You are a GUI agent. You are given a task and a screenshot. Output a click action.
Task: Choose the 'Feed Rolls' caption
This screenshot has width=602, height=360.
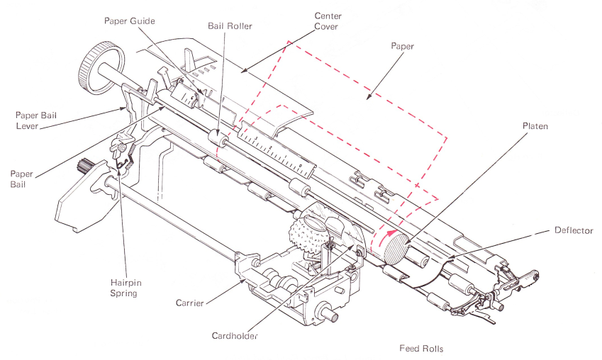[421, 348]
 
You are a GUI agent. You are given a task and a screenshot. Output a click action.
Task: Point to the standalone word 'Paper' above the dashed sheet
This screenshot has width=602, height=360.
[402, 46]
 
